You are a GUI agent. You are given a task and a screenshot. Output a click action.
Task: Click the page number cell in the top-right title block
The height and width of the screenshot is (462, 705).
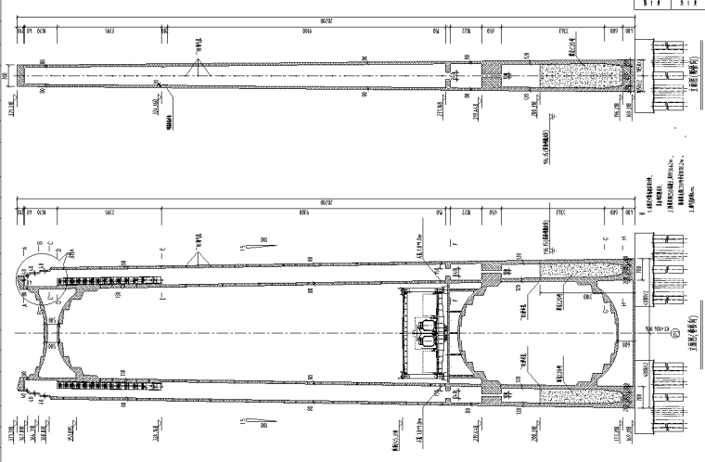point(682,4)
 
